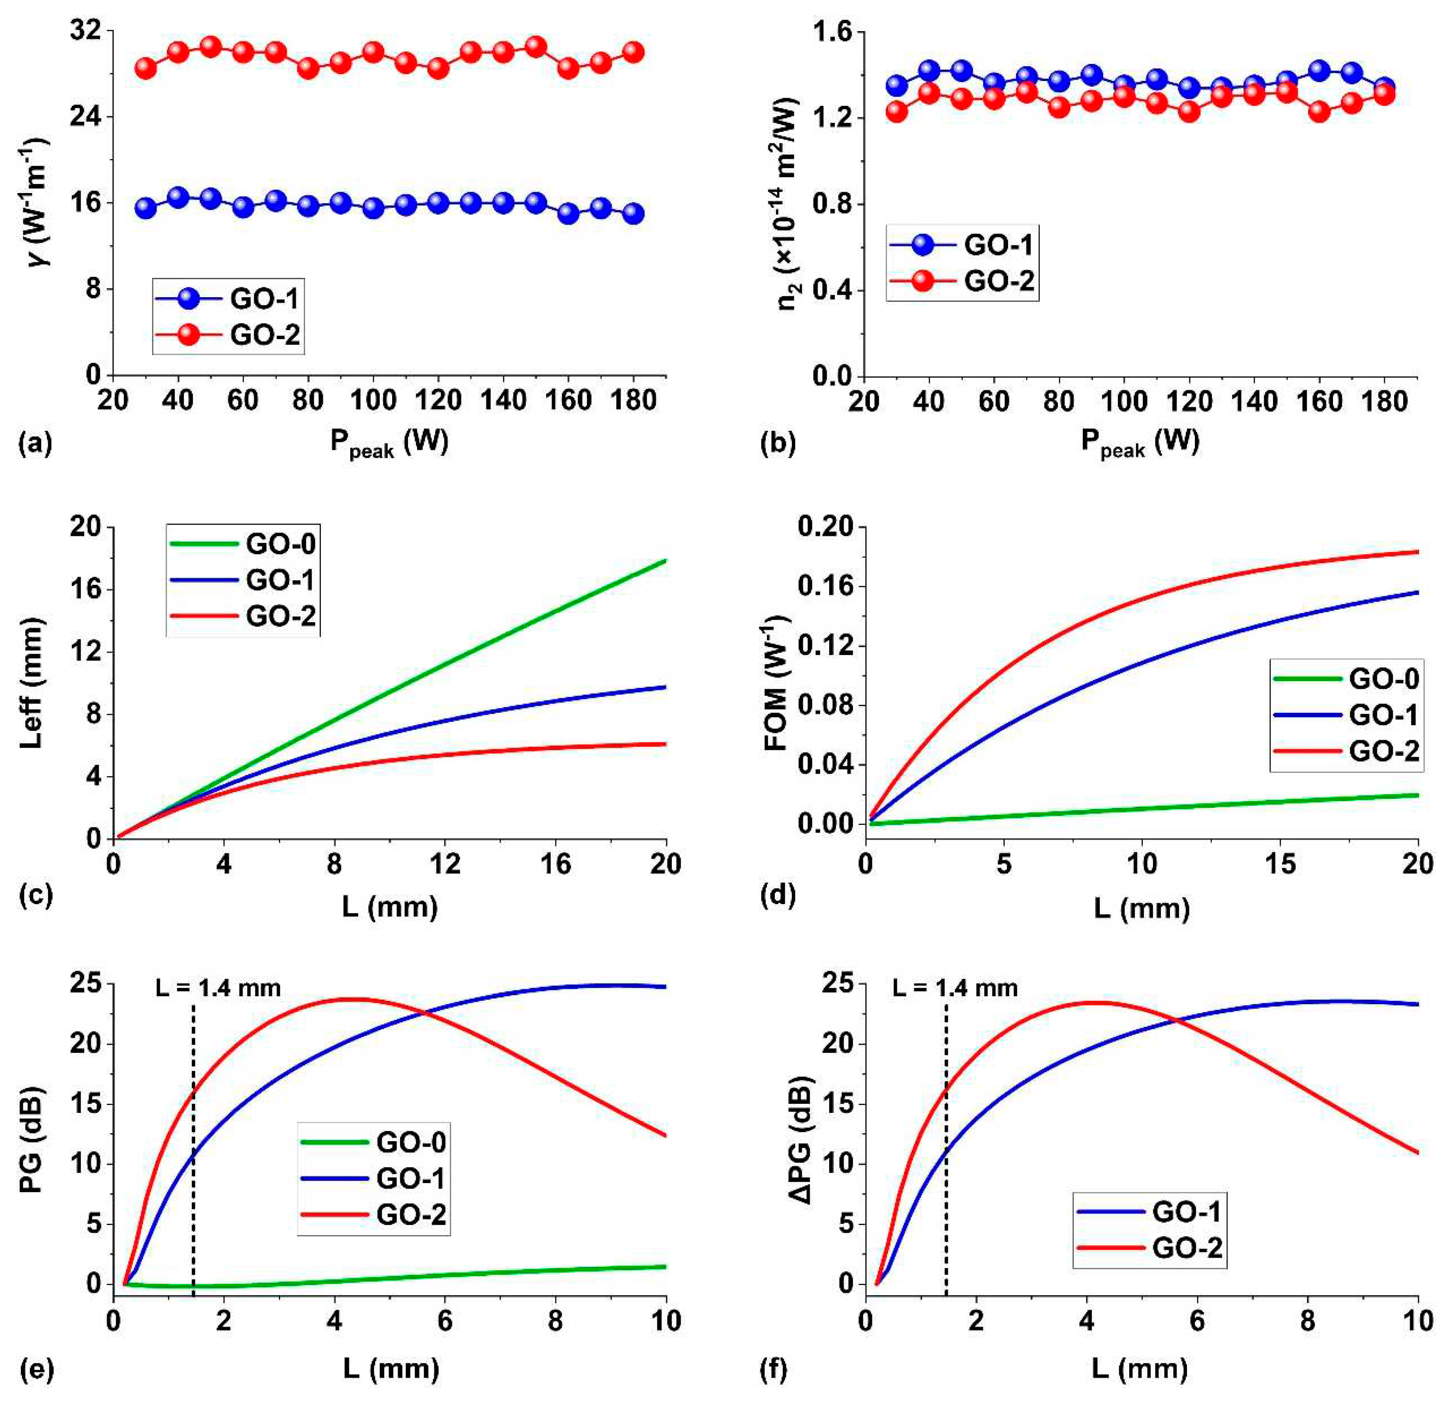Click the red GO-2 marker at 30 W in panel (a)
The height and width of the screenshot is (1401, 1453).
[x=145, y=68]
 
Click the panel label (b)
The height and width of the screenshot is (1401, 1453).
[x=777, y=443]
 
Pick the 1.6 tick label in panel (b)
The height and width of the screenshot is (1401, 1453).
[x=834, y=33]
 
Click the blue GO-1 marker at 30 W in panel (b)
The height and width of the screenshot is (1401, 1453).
[x=897, y=85]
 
